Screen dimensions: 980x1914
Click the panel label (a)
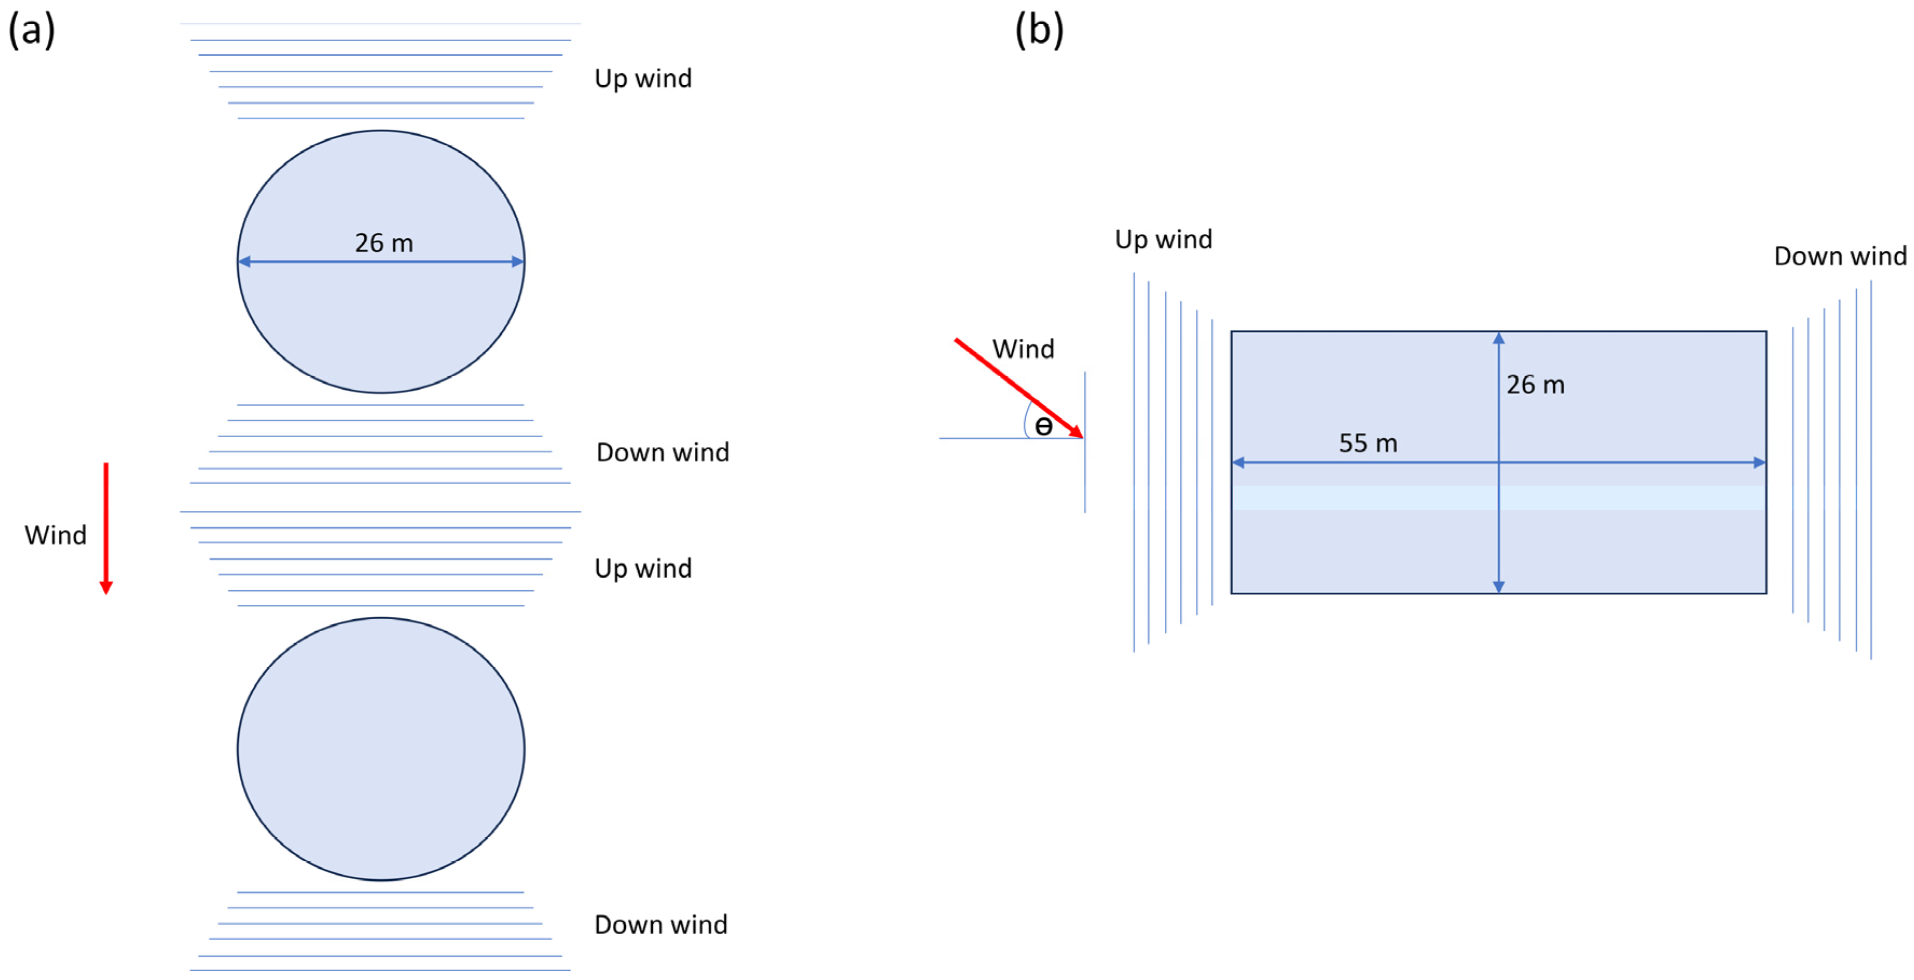[31, 31]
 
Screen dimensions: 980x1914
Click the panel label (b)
[1039, 31]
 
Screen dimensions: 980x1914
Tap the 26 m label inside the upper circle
[383, 243]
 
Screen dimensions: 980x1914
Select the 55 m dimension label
[1368, 444]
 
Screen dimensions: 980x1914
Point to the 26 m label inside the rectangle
[1535, 385]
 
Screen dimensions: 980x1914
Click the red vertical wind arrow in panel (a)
[106, 528]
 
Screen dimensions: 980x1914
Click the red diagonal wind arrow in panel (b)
[1018, 387]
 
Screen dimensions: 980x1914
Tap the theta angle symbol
[1043, 426]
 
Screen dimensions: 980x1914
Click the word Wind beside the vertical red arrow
[55, 535]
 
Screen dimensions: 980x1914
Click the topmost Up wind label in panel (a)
[642, 79]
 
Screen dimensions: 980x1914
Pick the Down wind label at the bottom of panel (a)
[660, 925]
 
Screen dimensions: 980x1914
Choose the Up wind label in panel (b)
[1164, 239]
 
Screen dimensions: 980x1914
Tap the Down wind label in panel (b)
[1840, 257]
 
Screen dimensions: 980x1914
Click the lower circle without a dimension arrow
[381, 749]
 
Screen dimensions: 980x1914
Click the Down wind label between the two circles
[662, 452]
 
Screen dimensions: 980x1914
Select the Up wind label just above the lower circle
[642, 568]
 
